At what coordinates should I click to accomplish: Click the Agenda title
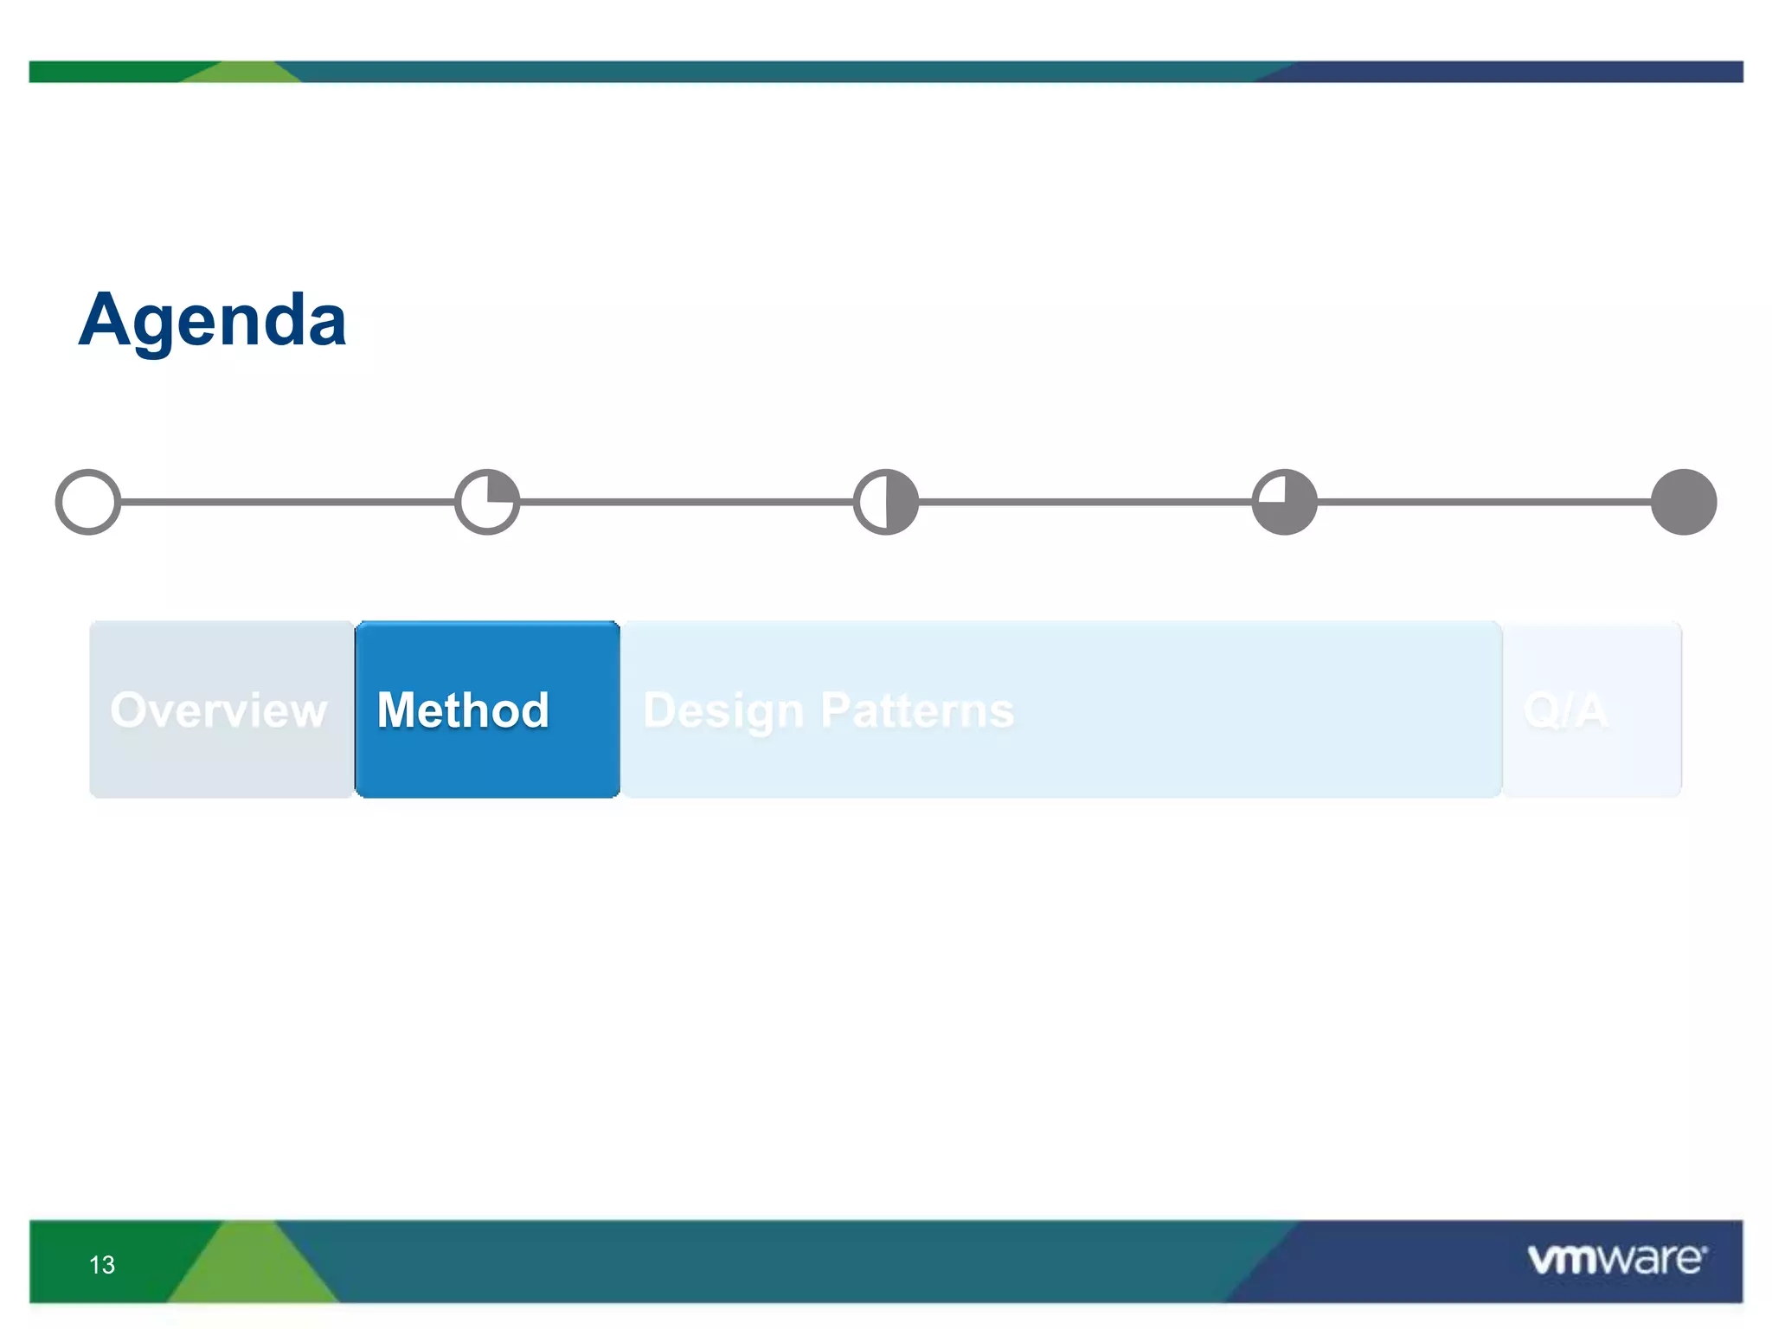pos(213,321)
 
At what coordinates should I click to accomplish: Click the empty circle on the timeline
pos(88,502)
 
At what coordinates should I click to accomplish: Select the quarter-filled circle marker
pos(487,502)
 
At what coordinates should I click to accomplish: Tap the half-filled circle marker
pos(886,502)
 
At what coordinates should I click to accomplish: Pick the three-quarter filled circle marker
pos(1285,502)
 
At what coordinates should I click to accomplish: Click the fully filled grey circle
pos(1684,502)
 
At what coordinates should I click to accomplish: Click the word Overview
pos(219,710)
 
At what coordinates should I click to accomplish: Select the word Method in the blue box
pos(464,710)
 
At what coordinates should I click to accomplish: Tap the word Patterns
pos(917,710)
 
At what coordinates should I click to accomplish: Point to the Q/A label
pos(1565,711)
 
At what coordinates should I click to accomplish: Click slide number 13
pos(102,1265)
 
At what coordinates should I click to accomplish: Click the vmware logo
pos(1616,1259)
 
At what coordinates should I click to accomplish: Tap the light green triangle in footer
pos(252,1272)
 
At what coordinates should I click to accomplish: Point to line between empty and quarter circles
pos(287,502)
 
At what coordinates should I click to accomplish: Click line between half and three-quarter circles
pos(1085,502)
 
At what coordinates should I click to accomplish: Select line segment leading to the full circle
pos(1484,502)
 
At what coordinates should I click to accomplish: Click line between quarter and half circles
pos(686,502)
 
